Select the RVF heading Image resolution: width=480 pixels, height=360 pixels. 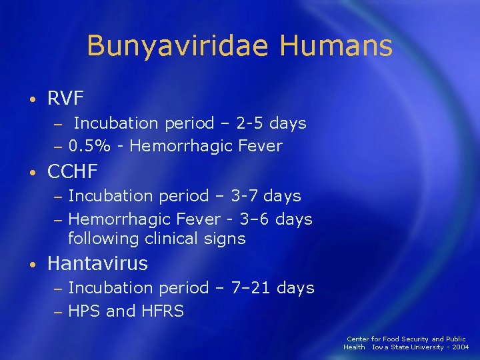[65, 99]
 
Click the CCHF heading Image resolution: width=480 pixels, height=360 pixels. [73, 171]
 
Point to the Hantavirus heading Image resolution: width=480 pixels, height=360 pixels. [97, 263]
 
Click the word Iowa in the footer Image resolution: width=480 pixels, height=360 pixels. [382, 347]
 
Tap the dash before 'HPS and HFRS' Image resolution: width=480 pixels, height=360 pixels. [58, 311]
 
